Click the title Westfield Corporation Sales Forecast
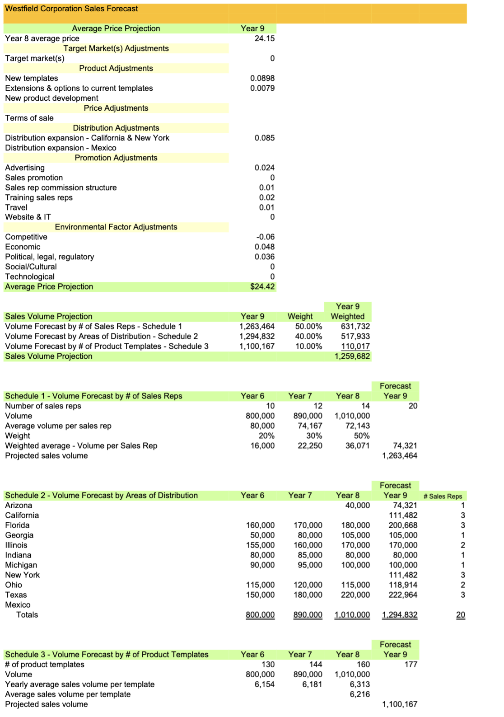[x=71, y=9]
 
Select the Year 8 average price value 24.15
[x=264, y=38]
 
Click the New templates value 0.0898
[x=262, y=78]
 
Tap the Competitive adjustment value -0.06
[x=265, y=237]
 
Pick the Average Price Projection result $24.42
[x=262, y=286]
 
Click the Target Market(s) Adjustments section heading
[x=116, y=48]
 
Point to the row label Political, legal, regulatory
[x=50, y=257]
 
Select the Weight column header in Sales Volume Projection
[x=300, y=316]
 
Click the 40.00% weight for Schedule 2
[x=308, y=336]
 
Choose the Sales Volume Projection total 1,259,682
[x=352, y=356]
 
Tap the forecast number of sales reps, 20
[x=413, y=406]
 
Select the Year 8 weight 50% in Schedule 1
[x=362, y=436]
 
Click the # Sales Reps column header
[x=443, y=496]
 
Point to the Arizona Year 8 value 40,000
[x=357, y=505]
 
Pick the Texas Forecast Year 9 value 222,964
[x=403, y=595]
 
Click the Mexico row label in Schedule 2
[x=18, y=605]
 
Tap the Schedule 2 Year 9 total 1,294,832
[x=400, y=614]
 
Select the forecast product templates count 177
[x=411, y=664]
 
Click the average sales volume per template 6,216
[x=359, y=694]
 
